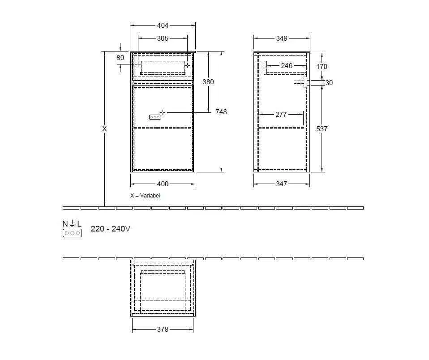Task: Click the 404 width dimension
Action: click(163, 26)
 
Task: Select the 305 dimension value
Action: click(163, 39)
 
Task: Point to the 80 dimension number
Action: click(120, 58)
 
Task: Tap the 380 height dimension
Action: click(208, 82)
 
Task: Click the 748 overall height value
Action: click(221, 111)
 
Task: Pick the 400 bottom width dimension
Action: click(163, 184)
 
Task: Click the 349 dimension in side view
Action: click(281, 39)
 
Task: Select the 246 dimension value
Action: click(286, 66)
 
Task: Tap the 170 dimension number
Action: click(322, 67)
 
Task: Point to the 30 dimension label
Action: click(329, 83)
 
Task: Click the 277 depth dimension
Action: click(281, 115)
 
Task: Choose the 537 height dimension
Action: click(322, 129)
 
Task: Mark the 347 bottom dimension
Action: click(281, 184)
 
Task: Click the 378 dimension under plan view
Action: click(163, 329)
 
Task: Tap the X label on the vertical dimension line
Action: click(104, 129)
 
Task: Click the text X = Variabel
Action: click(145, 196)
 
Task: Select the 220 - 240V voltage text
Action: click(111, 229)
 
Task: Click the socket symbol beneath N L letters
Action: click(72, 233)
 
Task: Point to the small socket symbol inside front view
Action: click(154, 117)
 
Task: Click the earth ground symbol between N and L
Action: click(72, 223)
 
